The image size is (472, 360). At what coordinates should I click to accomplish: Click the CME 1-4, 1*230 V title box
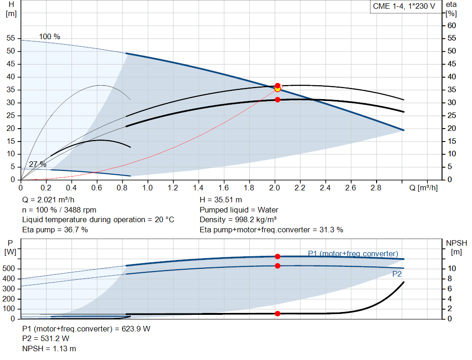pos(404,6)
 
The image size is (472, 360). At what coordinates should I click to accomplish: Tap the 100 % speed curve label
pos(49,37)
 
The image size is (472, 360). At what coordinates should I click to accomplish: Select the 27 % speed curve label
pos(37,164)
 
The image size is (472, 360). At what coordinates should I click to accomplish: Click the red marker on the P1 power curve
pos(277,256)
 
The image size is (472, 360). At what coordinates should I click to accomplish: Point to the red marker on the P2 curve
pos(277,266)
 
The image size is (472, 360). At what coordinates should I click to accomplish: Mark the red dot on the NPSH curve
pos(277,313)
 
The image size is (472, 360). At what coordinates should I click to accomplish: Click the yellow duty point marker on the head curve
pos(277,89)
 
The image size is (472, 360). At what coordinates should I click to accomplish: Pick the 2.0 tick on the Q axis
pos(275,188)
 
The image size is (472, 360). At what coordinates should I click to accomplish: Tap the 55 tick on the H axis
pos(11,38)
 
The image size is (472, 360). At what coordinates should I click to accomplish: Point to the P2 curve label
pos(397,274)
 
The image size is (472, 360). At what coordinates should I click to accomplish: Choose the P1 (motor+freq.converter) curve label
pos(353,254)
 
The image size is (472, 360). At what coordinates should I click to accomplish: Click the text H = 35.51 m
pos(221,200)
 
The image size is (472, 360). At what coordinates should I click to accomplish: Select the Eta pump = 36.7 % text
pos(55,229)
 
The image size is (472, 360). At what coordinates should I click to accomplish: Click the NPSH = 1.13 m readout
pos(49,348)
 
